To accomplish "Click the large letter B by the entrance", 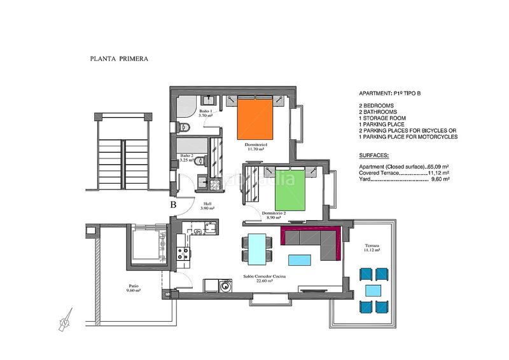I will [173, 205].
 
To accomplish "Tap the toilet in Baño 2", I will [199, 161].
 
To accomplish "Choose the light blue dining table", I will [256, 247].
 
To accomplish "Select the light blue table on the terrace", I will [372, 290].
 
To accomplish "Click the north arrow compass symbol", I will [64, 322].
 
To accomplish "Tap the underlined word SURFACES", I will [374, 155].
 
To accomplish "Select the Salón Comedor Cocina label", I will [264, 277].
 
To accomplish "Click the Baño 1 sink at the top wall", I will [208, 99].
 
